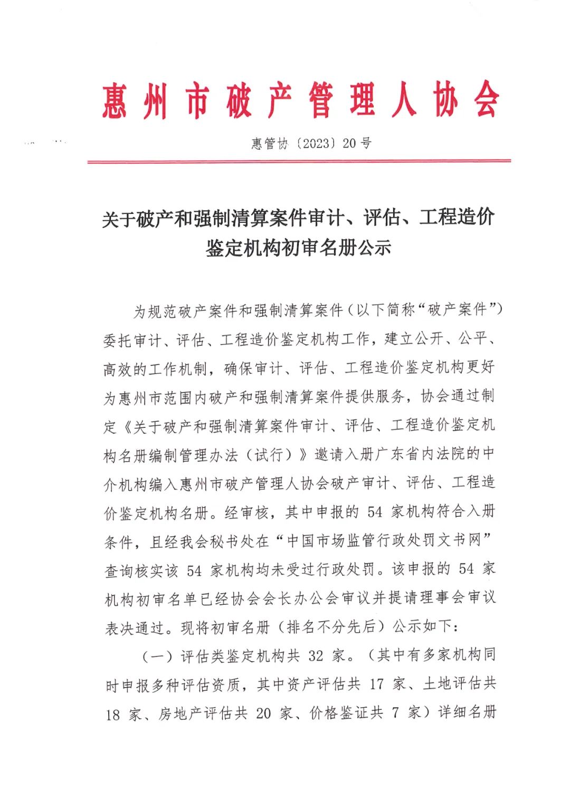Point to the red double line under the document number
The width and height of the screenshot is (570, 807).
point(299,161)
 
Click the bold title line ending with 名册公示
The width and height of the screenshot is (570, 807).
point(299,247)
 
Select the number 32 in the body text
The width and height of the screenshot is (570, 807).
point(316,656)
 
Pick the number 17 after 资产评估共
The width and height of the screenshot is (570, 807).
point(377,685)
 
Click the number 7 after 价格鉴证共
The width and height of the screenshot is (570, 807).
point(395,714)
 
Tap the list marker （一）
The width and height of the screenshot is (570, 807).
point(158,656)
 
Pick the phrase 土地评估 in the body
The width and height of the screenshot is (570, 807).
point(453,685)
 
